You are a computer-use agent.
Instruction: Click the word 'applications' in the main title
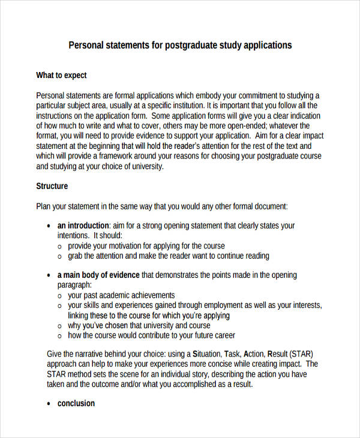click(265, 45)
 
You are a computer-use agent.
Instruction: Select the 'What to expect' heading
click(61, 75)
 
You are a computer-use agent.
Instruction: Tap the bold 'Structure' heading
click(52, 186)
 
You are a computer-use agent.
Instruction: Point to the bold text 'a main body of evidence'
click(98, 275)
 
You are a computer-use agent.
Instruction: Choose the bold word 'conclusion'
click(76, 403)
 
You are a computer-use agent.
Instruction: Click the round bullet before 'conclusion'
click(48, 404)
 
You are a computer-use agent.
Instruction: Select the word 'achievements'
click(148, 295)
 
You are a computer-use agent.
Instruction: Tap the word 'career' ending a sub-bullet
click(223, 335)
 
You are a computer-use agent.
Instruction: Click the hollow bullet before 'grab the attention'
click(59, 256)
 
